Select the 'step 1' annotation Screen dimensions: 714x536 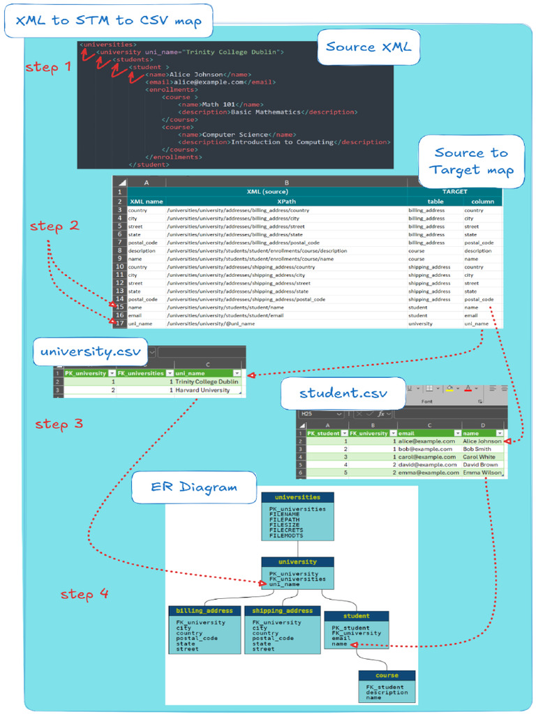pyautogui.click(x=48, y=68)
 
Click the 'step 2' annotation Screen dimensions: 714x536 pyautogui.click(x=54, y=226)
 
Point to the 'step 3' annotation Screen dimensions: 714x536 pyautogui.click(x=59, y=424)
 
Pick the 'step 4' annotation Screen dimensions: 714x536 pyautogui.click(x=84, y=594)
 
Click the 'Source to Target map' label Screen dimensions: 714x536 pyautogui.click(x=471, y=161)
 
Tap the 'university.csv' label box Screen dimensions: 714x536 pyautogui.click(x=90, y=351)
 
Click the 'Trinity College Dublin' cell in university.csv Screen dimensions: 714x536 pyautogui.click(x=207, y=382)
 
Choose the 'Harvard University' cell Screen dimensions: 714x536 pyautogui.click(x=202, y=390)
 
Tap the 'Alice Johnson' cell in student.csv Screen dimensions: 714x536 pyautogui.click(x=482, y=441)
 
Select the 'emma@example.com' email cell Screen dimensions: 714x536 pyautogui.click(x=429, y=473)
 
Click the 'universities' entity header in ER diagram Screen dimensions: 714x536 pyautogui.click(x=297, y=498)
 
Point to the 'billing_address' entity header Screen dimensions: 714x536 pyautogui.click(x=204, y=611)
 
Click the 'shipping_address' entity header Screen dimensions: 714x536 pyautogui.click(x=282, y=611)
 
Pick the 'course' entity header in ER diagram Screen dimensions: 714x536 pyautogui.click(x=387, y=676)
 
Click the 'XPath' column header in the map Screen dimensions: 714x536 pyautogui.click(x=286, y=202)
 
